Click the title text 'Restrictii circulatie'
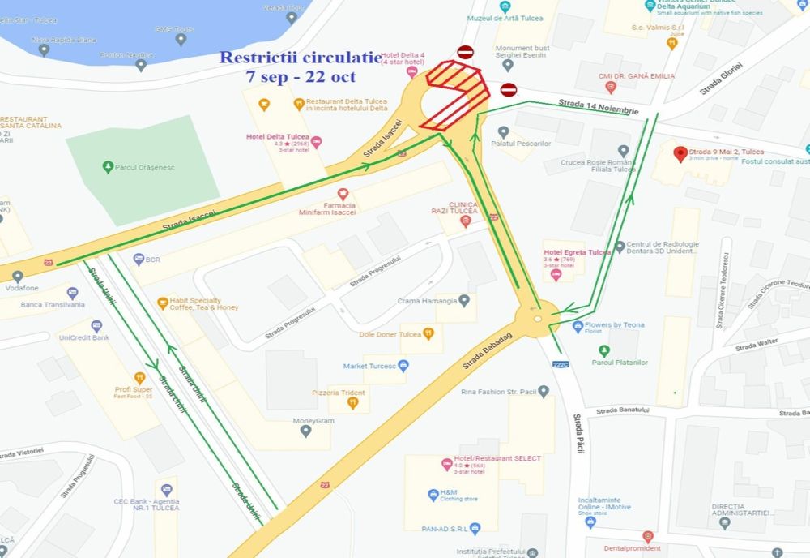click(301, 58)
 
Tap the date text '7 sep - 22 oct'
click(301, 75)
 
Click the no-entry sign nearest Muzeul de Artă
click(465, 53)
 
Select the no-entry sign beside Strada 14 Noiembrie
click(508, 89)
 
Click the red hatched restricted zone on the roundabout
click(454, 96)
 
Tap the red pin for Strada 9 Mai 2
click(680, 152)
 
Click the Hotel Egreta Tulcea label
click(578, 252)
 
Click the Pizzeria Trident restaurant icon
click(354, 404)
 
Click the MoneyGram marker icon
click(305, 431)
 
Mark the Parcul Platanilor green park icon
click(603, 350)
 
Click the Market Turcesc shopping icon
click(403, 366)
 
